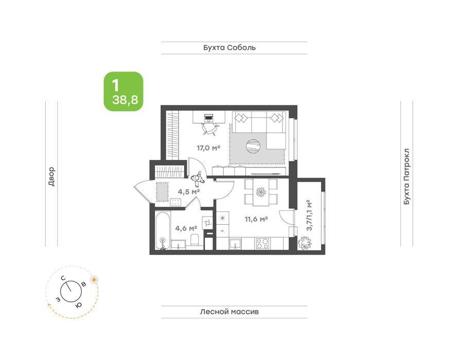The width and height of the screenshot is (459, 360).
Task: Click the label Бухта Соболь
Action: click(229, 47)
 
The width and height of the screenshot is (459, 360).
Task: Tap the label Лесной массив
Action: click(229, 312)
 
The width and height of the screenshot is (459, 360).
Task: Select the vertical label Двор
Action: click(51, 177)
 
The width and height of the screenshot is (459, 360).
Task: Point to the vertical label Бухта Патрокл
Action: click(407, 176)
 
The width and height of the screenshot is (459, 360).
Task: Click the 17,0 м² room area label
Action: click(208, 148)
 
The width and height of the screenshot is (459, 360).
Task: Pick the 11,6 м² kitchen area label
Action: click(256, 219)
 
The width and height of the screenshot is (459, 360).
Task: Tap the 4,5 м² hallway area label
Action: click(189, 192)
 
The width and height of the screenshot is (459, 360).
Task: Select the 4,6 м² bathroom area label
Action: click(186, 228)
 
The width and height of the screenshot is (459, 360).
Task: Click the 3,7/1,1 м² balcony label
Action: click(309, 215)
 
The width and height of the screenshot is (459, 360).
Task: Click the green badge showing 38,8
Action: click(123, 92)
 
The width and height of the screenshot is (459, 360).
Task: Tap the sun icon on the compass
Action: click(94, 280)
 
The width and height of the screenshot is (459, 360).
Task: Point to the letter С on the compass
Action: click(63, 278)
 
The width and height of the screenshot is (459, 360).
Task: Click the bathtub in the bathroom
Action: click(162, 230)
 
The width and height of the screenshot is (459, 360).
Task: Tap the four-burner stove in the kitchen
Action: click(263, 243)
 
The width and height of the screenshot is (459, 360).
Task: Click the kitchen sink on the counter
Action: click(236, 244)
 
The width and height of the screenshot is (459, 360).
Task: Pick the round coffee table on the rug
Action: click(253, 147)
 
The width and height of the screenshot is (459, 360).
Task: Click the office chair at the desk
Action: click(209, 129)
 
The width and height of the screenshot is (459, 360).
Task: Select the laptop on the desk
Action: click(209, 117)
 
